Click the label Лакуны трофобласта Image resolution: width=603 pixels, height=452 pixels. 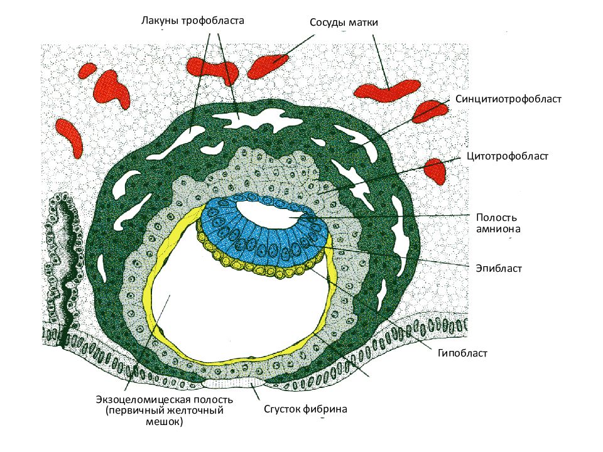click(x=192, y=20)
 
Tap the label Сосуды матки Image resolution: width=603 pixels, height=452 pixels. click(x=344, y=23)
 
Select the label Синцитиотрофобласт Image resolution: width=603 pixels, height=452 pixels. click(x=508, y=99)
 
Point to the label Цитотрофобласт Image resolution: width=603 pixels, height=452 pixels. click(x=508, y=156)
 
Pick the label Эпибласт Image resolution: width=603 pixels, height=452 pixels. click(x=499, y=268)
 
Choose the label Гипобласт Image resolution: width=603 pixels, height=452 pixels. click(x=462, y=353)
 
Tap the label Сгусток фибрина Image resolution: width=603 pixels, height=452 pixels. click(x=305, y=409)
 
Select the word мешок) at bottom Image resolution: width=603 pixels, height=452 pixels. click(x=165, y=422)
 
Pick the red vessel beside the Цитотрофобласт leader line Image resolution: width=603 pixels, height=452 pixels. click(x=435, y=170)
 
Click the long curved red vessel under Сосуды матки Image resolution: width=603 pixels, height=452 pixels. click(x=386, y=90)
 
